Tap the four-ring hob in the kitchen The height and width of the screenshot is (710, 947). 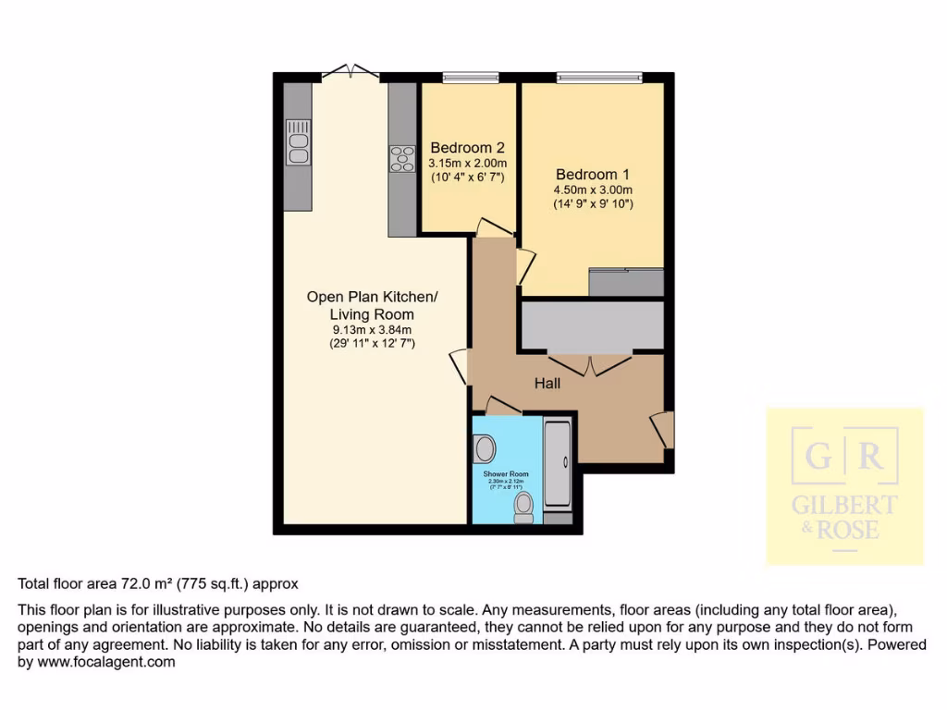pyautogui.click(x=402, y=159)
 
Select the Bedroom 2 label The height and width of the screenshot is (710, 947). pyautogui.click(x=467, y=148)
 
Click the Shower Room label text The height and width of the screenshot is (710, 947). pyautogui.click(x=505, y=472)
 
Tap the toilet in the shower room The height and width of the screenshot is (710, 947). pyautogui.click(x=523, y=506)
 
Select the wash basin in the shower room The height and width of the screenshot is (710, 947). pyautogui.click(x=484, y=449)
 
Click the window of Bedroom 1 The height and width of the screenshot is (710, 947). pyautogui.click(x=598, y=78)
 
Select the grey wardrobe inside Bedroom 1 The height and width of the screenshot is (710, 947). pyautogui.click(x=626, y=282)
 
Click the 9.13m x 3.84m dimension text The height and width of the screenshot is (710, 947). pyautogui.click(x=372, y=329)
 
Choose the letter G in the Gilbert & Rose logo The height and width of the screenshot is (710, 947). pyautogui.click(x=818, y=457)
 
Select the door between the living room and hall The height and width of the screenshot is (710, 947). pyautogui.click(x=459, y=366)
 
